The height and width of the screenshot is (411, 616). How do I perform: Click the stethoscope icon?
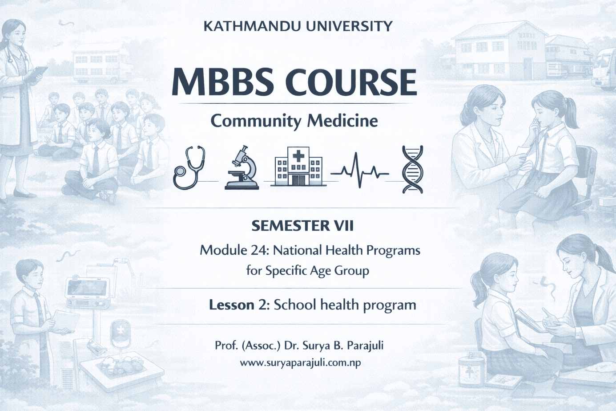(189, 168)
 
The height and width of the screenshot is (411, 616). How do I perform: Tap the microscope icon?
(242, 168)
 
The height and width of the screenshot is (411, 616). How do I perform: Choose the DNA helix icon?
(412, 169)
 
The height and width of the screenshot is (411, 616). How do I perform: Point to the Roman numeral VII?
(344, 226)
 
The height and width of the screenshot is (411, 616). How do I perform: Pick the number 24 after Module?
(258, 250)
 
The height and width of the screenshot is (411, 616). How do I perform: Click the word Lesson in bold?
(231, 305)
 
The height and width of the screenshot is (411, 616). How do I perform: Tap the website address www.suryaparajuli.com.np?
(300, 362)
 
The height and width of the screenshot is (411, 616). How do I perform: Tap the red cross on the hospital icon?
(298, 156)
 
